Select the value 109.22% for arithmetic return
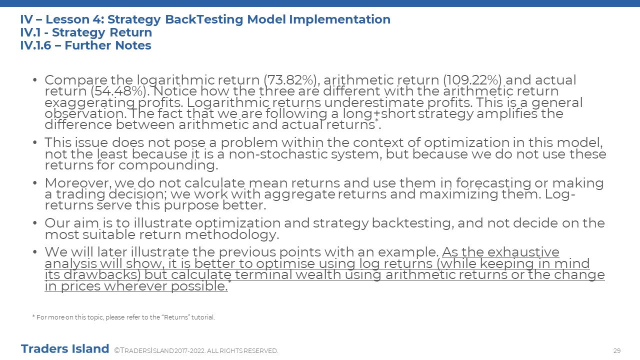coord(472,80)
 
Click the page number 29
coord(617,350)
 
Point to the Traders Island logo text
coord(65,349)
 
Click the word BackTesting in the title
coord(204,19)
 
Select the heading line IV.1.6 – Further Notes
coord(85,45)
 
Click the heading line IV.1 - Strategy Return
coord(86,32)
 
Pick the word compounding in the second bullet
coord(168,165)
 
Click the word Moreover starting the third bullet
coord(78,183)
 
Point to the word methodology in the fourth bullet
coord(231,235)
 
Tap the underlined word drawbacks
coord(102,275)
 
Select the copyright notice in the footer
coord(196,350)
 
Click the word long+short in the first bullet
coord(379,114)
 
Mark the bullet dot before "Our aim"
coord(35,223)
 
